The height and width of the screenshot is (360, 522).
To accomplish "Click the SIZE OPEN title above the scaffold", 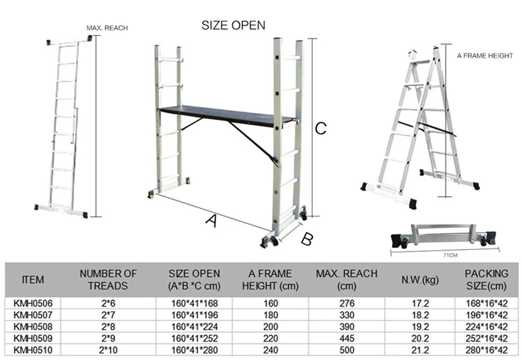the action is [x=233, y=25].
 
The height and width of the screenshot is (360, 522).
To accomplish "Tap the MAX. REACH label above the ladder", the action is [x=107, y=28].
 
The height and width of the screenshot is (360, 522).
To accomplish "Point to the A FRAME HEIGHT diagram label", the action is [x=485, y=56].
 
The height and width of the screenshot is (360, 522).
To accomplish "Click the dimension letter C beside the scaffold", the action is [x=321, y=128].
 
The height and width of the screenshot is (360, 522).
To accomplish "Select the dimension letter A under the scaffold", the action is [x=210, y=221].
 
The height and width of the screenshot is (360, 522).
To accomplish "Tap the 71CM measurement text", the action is [x=449, y=256].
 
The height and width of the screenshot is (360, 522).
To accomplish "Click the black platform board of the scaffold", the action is [x=224, y=116].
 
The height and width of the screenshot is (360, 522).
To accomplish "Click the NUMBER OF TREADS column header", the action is [x=108, y=279].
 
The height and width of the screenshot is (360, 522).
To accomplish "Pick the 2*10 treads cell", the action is [x=108, y=350].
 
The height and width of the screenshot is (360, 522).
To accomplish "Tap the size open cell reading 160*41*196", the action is [x=194, y=315].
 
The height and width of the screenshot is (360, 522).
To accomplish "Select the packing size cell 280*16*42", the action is [x=486, y=350].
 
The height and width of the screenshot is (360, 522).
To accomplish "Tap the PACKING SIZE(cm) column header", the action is [x=486, y=279].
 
